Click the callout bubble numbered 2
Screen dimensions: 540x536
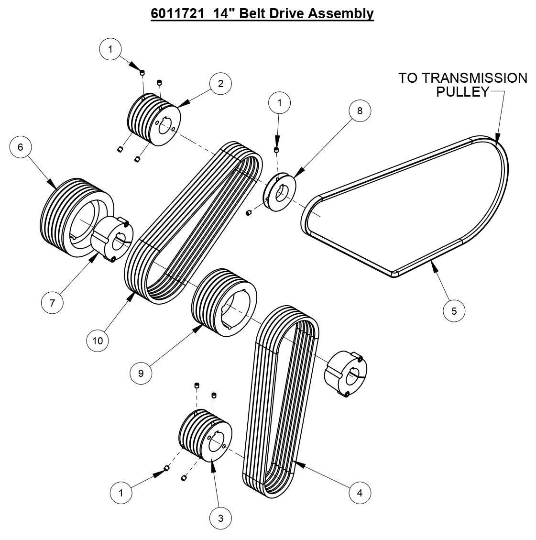(x=220, y=83)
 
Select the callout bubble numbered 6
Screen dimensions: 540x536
(x=21, y=147)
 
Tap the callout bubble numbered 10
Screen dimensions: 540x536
(x=98, y=340)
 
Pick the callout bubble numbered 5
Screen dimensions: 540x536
(x=454, y=311)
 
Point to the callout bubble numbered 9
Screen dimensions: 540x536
(x=141, y=373)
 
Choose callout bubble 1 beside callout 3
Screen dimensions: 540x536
(x=121, y=493)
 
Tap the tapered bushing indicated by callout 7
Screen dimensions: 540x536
(x=112, y=239)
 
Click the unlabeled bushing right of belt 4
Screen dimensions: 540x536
(x=346, y=374)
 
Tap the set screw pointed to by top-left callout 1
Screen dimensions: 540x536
(x=142, y=72)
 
